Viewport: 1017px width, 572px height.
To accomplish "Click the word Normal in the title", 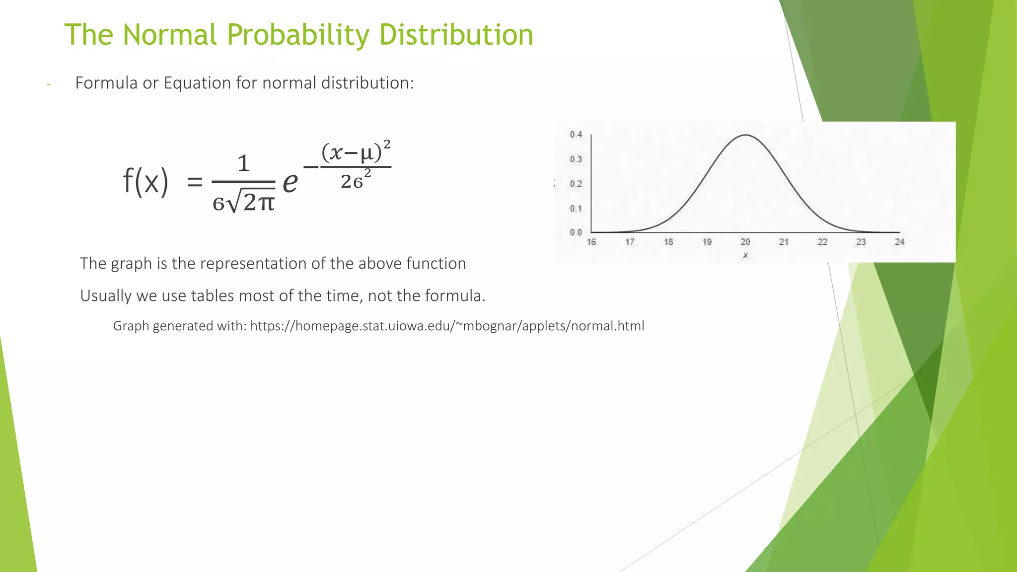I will click(x=169, y=35).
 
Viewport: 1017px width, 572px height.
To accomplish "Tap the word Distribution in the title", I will click(x=455, y=35).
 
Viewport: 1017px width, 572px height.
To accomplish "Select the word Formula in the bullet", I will click(x=106, y=83).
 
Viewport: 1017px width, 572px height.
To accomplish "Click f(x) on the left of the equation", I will click(x=145, y=181).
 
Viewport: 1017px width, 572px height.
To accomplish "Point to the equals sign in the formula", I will click(x=195, y=182).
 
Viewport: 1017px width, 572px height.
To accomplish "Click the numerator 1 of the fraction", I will click(x=243, y=164).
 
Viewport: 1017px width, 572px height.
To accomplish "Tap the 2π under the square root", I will click(x=258, y=203).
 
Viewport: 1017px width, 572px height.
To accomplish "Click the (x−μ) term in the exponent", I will click(x=352, y=152).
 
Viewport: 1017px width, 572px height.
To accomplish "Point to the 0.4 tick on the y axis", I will click(x=576, y=135).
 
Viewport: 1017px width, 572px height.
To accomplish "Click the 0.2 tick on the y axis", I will click(x=576, y=184).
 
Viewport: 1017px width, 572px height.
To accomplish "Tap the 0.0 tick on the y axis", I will click(x=576, y=232).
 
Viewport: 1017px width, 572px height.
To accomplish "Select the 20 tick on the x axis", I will click(x=745, y=242).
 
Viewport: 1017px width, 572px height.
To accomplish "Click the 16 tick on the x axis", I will click(x=591, y=242).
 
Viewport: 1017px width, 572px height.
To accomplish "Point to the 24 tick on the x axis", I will click(x=899, y=242).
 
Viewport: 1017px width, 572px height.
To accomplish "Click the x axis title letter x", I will click(x=745, y=255).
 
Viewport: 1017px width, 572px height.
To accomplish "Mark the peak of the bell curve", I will click(x=745, y=135).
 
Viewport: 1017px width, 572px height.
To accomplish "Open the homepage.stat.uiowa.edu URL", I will click(x=447, y=326).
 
